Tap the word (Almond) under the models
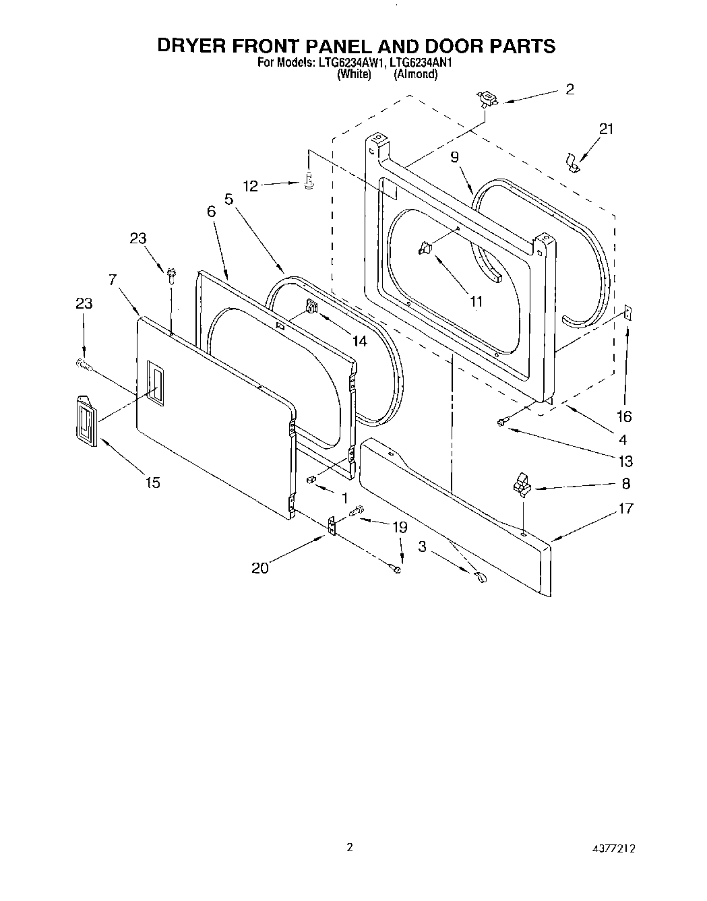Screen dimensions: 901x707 (415, 74)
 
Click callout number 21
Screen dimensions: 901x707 (606, 129)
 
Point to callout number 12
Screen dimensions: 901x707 (250, 186)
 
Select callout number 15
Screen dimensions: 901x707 (153, 483)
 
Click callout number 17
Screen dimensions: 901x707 (625, 508)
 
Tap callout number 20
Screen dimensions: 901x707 (259, 568)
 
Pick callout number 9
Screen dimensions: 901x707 (454, 157)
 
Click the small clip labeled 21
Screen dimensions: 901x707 (572, 162)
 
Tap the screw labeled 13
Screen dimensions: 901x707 (501, 422)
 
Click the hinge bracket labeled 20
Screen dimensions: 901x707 (332, 526)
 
